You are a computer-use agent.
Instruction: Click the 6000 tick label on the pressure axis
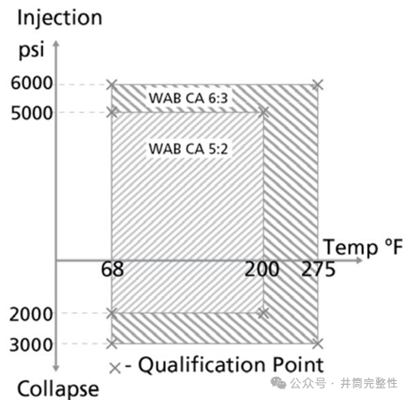pyautogui.click(x=31, y=83)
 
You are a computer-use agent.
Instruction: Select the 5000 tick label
pyautogui.click(x=31, y=114)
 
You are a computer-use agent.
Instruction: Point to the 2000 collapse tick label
pyautogui.click(x=31, y=315)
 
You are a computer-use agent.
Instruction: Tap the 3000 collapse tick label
pyautogui.click(x=31, y=345)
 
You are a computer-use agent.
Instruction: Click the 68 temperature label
pyautogui.click(x=112, y=269)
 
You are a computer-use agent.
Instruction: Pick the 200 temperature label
pyautogui.click(x=261, y=269)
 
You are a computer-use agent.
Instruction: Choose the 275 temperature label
pyautogui.click(x=318, y=269)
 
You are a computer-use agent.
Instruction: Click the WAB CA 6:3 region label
pyautogui.click(x=188, y=98)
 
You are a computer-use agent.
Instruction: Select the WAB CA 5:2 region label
pyautogui.click(x=188, y=149)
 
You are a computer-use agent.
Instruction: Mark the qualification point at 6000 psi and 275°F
pyautogui.click(x=318, y=85)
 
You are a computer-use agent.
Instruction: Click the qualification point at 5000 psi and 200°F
pyautogui.click(x=263, y=112)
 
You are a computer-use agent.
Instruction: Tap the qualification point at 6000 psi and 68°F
pyautogui.click(x=112, y=85)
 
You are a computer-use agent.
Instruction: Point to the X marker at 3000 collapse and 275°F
pyautogui.click(x=318, y=343)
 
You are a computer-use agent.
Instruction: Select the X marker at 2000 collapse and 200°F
pyautogui.click(x=263, y=313)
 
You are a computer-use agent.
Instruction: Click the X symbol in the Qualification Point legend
pyautogui.click(x=115, y=369)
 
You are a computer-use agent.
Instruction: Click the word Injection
pyautogui.click(x=60, y=19)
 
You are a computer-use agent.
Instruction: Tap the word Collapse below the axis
pyautogui.click(x=58, y=389)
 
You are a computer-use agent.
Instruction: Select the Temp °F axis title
pyautogui.click(x=364, y=248)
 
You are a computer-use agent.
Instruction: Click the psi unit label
pyautogui.click(x=31, y=49)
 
